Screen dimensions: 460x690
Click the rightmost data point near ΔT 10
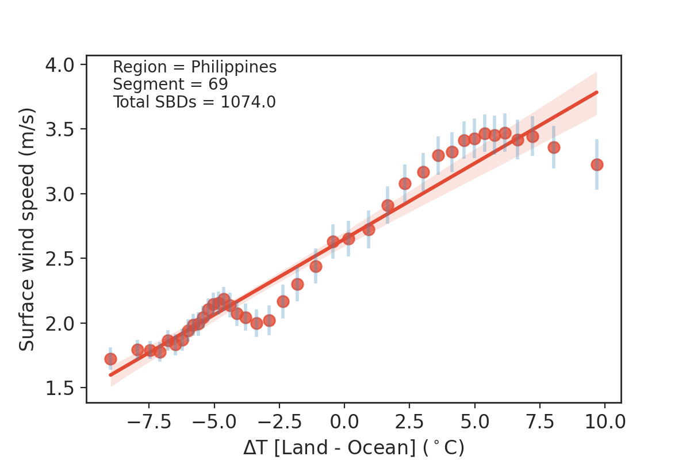click(x=597, y=164)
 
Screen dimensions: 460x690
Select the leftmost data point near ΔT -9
click(x=110, y=359)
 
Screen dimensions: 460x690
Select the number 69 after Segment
click(x=218, y=85)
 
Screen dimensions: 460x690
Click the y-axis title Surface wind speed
click(x=27, y=228)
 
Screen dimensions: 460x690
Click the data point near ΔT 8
click(x=554, y=147)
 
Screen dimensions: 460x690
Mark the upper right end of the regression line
click(x=597, y=92)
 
